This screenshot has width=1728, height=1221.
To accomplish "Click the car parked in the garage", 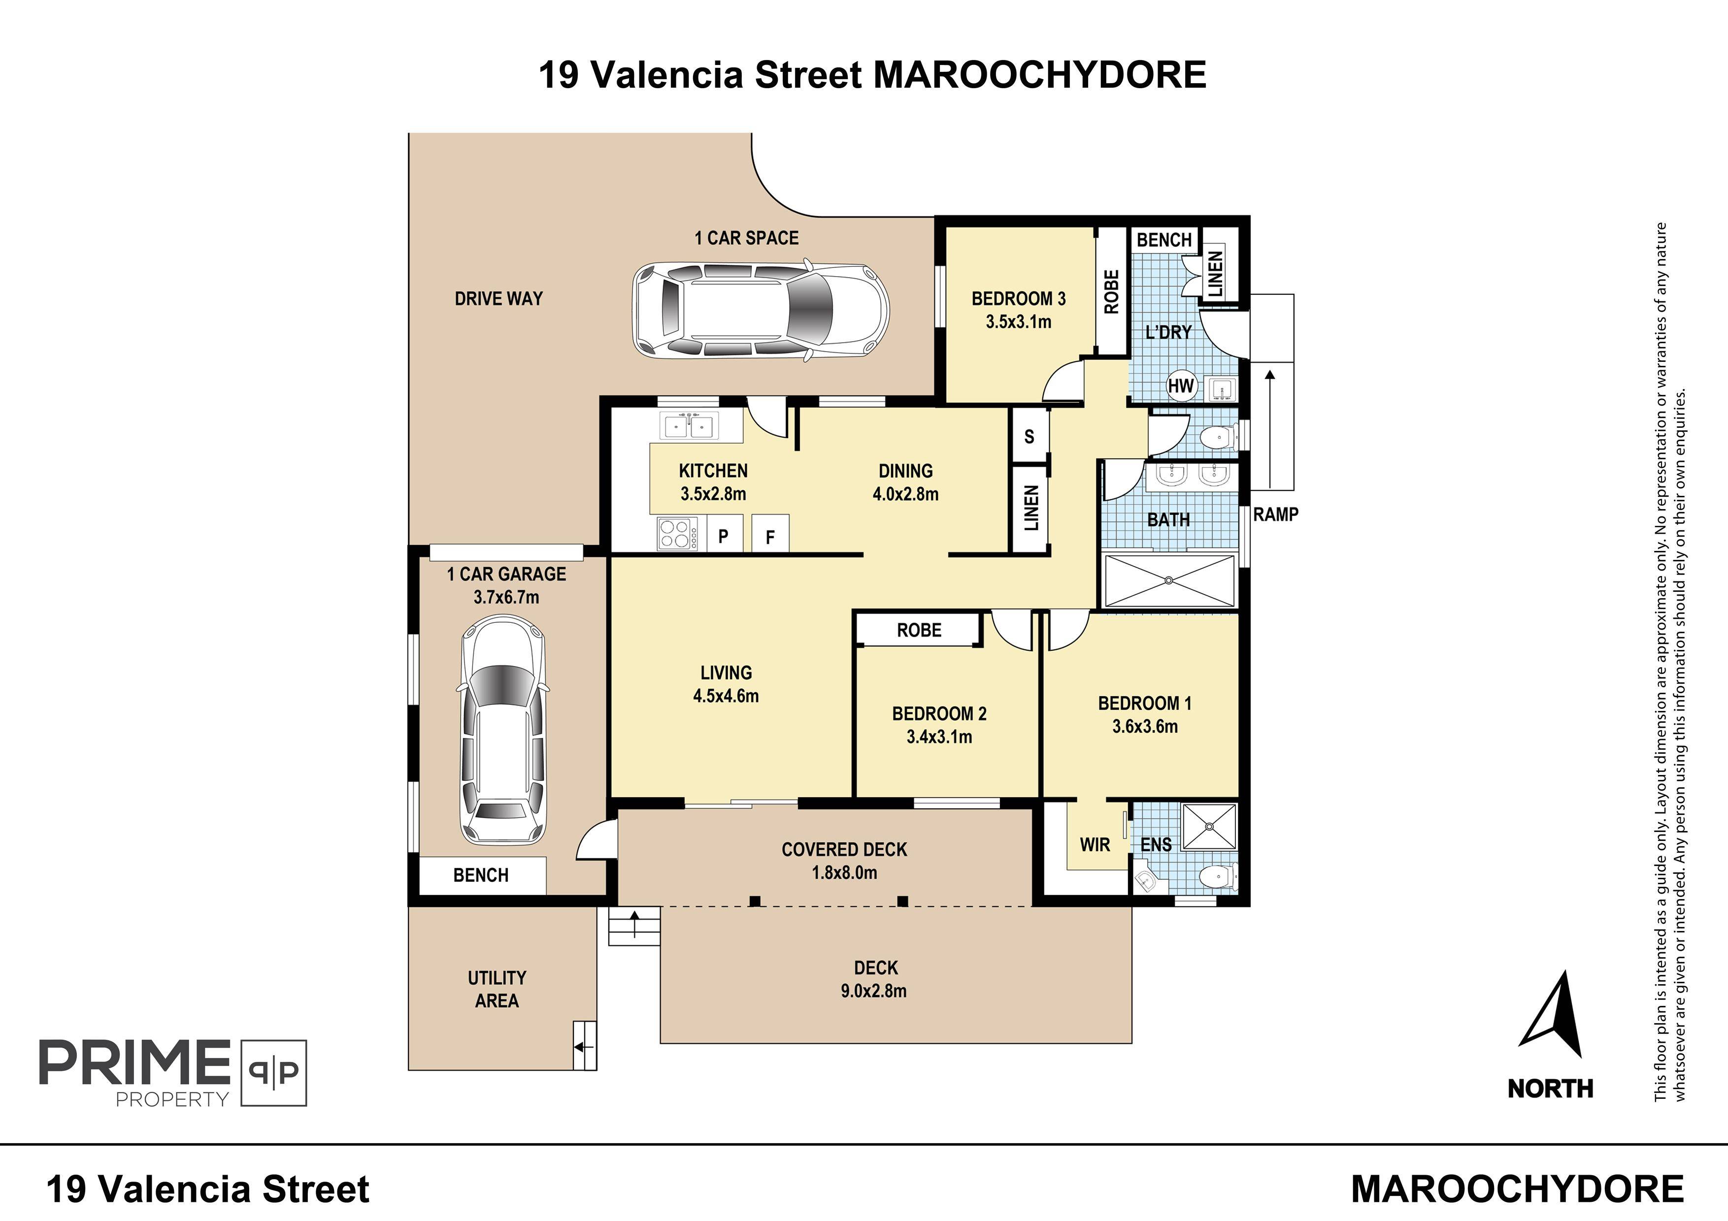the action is coord(503,731).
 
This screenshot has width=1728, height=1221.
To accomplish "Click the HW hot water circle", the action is coord(1181,386).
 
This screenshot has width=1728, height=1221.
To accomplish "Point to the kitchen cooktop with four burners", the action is coord(677,533).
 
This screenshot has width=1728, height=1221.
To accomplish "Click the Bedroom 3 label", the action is coord(1018,299).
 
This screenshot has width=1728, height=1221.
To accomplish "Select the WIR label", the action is coord(1095,845).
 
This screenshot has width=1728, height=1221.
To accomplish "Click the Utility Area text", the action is coord(497,989).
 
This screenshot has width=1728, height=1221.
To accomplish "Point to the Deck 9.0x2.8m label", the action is coord(874,979).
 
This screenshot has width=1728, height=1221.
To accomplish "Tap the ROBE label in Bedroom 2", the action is coord(919,630).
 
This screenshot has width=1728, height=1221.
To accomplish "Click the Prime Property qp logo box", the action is coord(274,1073).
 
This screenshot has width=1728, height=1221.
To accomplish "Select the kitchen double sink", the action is coord(689,425).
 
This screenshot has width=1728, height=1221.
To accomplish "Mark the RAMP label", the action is coord(1276,514).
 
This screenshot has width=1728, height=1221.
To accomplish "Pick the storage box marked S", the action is coord(1029,436).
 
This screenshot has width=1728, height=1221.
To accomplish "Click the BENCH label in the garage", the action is coord(481,875).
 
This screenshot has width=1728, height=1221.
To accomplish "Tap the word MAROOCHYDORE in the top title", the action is coord(1039,75).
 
